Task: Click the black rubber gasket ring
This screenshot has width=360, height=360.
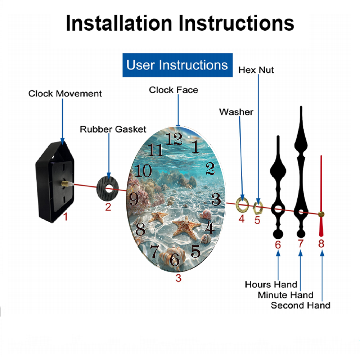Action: point(107,189)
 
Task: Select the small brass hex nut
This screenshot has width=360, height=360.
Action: point(258,208)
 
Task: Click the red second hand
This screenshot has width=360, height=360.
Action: point(321,196)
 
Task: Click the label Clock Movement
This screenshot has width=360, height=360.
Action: point(65,94)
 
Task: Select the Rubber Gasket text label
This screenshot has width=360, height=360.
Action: point(113,129)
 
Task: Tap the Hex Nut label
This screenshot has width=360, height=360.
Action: point(256,70)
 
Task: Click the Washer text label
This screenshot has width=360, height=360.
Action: point(236,112)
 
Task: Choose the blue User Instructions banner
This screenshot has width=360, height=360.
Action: point(177,65)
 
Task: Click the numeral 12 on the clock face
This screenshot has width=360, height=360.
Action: point(174,139)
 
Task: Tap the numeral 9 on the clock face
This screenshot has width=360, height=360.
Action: point(134,199)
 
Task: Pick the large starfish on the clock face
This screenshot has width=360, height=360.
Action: point(186,228)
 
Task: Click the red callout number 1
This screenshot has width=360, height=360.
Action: point(66,216)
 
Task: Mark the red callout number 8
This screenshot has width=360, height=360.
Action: point(321,243)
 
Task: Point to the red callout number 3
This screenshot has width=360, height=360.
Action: point(179,278)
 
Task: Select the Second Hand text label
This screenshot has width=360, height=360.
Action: point(301,305)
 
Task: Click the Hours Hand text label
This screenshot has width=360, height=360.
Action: point(271,284)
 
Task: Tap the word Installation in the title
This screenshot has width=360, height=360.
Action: point(119,23)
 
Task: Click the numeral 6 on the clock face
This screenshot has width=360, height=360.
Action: point(175,260)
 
